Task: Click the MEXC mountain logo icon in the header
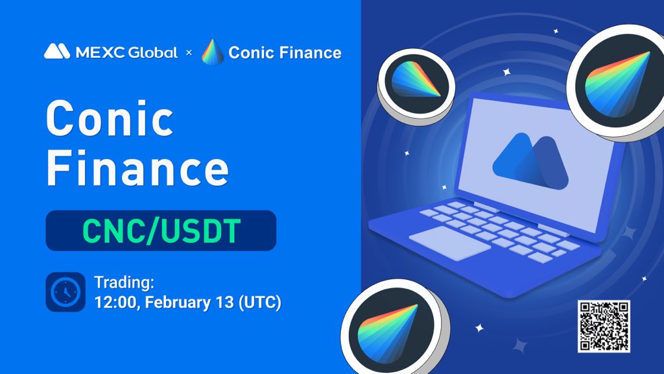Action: coord(57,51)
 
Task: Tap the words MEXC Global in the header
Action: coord(126,53)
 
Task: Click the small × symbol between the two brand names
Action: coord(189,53)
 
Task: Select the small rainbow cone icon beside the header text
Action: coord(213,52)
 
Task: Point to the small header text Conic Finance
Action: coord(285,53)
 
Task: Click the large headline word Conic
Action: coord(110,118)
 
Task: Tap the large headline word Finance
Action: coord(137,168)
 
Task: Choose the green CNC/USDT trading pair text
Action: coord(161,231)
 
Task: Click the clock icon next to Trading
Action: coord(65,292)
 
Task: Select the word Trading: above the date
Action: coord(124,282)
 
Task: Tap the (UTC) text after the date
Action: coord(260,303)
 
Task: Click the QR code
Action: coord(604,326)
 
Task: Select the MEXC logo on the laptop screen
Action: coord(530,162)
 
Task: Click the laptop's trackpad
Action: coord(450,242)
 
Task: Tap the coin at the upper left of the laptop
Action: coord(416,86)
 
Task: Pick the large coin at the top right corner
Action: coord(617,82)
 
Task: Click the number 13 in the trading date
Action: coord(225,303)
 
